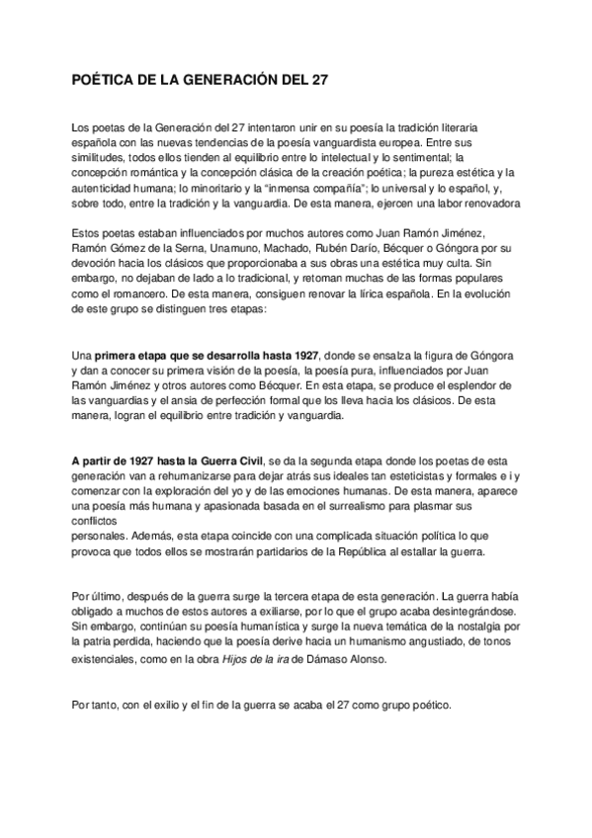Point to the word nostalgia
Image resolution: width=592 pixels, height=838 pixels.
(469, 627)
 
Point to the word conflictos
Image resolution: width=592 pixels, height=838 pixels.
(95, 521)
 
